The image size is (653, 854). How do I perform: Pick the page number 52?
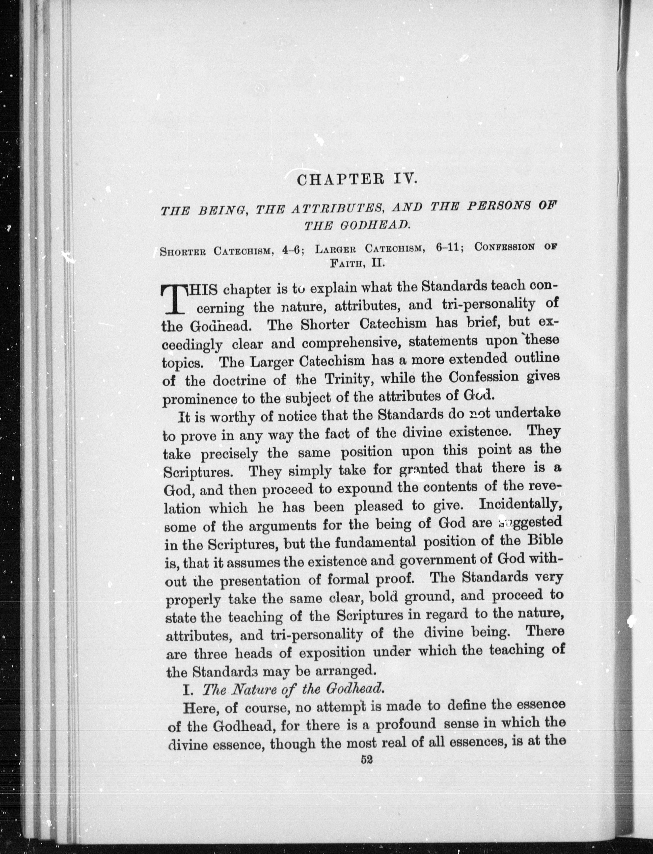click(367, 759)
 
